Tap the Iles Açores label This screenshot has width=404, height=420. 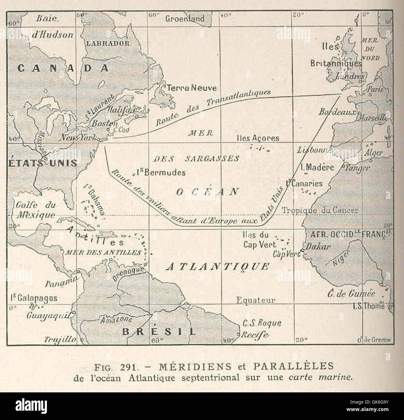(x=258, y=138)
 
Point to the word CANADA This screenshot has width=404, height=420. (x=63, y=68)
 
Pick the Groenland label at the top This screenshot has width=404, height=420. (x=185, y=19)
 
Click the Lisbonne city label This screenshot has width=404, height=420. (x=314, y=151)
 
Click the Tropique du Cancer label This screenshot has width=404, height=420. (x=320, y=210)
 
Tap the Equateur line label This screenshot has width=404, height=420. (x=255, y=300)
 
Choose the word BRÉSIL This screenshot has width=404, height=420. (x=159, y=331)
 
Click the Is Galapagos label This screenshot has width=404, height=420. (x=34, y=298)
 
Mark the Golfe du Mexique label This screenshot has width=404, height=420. (x=35, y=210)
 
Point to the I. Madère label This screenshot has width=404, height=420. (x=317, y=168)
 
